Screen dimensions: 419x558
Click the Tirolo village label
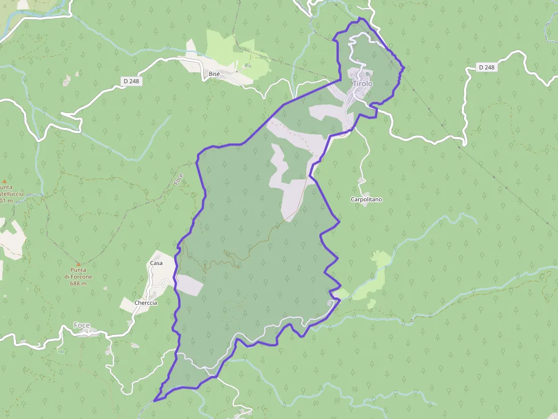363,84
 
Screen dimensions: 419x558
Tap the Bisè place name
214,74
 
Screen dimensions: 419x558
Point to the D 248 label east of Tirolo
487,67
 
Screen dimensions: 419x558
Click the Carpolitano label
366,200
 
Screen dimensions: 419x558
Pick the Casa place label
156,263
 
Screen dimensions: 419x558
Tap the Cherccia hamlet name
146,302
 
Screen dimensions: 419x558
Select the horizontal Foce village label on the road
81,325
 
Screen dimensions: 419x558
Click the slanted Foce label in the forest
179,180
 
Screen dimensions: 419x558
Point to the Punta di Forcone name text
77,273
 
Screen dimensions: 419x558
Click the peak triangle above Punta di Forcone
78,264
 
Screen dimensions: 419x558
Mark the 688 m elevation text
78,283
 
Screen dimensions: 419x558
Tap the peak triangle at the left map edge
5,181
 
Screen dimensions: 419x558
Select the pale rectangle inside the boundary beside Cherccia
189,285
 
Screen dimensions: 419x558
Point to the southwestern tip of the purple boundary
155,400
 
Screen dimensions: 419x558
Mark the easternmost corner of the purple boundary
404,69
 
